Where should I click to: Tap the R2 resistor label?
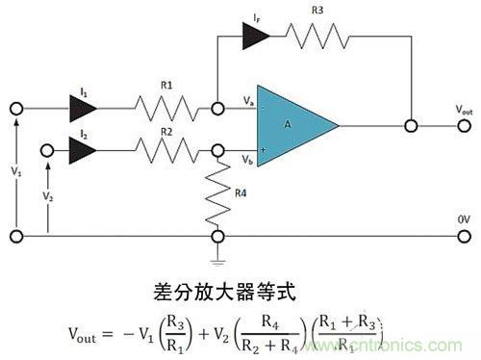tap(166, 132)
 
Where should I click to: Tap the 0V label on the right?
tap(460, 219)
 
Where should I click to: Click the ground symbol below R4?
tap(219, 256)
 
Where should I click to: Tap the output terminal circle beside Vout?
tap(412, 125)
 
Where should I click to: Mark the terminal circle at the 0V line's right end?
tap(460, 236)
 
